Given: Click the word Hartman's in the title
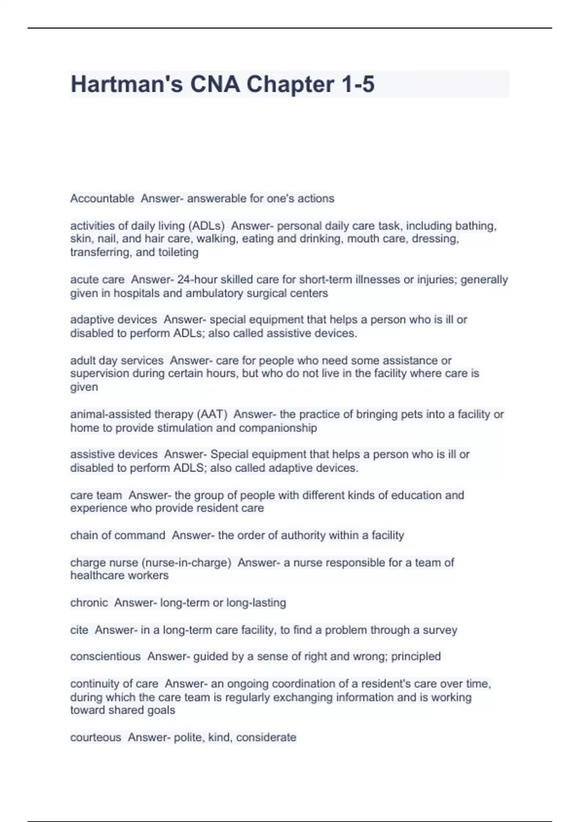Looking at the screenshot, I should pos(127,84).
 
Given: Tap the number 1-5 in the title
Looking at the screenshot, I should pos(358,84).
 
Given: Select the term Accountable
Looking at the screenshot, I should pos(102,198).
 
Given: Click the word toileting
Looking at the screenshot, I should pos(178,252).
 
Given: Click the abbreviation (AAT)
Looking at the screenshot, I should pos(211,414).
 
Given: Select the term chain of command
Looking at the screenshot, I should pos(117,535).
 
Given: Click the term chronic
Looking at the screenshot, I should pos(89,602).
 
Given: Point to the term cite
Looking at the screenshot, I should pos(79,630).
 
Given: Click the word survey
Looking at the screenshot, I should pos(440,630).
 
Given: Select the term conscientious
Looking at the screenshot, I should pos(105,656).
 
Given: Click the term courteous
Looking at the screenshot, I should pos(96,737).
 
